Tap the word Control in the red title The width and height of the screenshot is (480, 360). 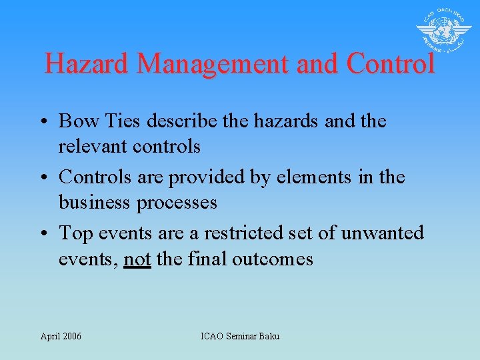coord(390,64)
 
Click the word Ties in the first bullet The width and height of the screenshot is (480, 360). coord(119,121)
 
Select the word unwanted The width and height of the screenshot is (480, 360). coord(382,233)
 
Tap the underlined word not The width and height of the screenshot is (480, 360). coord(137,258)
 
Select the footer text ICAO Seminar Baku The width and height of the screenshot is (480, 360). coord(240,336)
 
